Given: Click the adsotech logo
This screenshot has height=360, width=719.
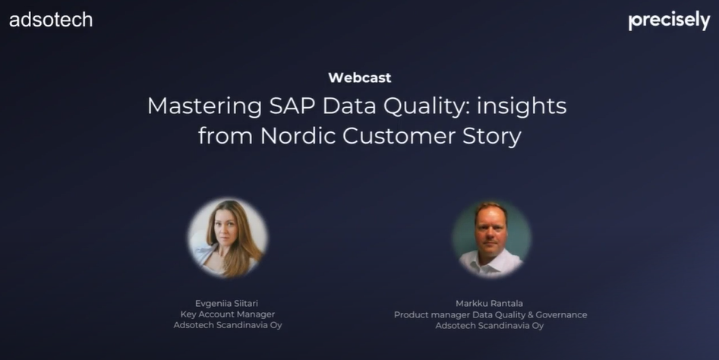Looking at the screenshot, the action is click(51, 20).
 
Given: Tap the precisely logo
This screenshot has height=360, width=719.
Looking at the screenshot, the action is click(669, 21).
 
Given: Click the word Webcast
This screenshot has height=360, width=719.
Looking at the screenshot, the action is click(360, 77).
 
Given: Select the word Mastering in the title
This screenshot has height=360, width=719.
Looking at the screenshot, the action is click(205, 106).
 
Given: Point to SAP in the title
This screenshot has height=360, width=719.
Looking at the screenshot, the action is click(292, 106).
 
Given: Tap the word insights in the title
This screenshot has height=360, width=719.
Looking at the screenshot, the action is click(522, 107).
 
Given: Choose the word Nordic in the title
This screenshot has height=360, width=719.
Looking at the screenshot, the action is click(298, 136).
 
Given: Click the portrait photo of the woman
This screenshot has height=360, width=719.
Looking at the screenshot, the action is click(228, 238).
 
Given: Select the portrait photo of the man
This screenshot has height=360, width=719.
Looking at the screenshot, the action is click(491, 239).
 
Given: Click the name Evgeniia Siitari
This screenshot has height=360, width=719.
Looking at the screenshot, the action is click(226, 304).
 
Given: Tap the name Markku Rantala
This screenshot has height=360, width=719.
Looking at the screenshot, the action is click(489, 303).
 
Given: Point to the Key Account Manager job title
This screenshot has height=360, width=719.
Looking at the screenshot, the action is click(228, 314).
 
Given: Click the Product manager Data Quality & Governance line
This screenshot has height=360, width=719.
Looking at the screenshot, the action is click(490, 315).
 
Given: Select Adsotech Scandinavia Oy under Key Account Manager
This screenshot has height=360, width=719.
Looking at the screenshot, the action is click(228, 325).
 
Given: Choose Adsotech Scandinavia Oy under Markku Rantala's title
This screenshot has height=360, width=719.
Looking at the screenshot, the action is click(489, 326).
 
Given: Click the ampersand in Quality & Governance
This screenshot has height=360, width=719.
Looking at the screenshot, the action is click(529, 315).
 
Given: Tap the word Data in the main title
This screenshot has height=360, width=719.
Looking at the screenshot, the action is click(349, 106).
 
